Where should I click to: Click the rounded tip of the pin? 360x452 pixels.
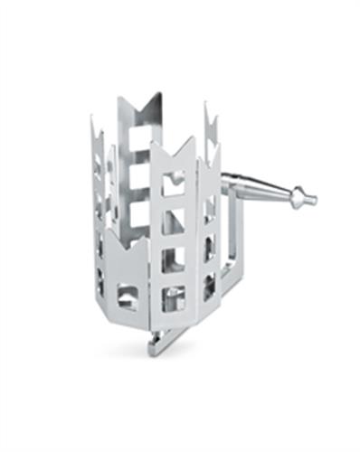point(310,198)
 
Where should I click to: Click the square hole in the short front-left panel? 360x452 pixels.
point(128,295)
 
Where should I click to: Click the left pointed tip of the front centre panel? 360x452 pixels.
point(151,145)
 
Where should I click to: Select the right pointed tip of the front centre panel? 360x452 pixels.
point(194,138)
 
